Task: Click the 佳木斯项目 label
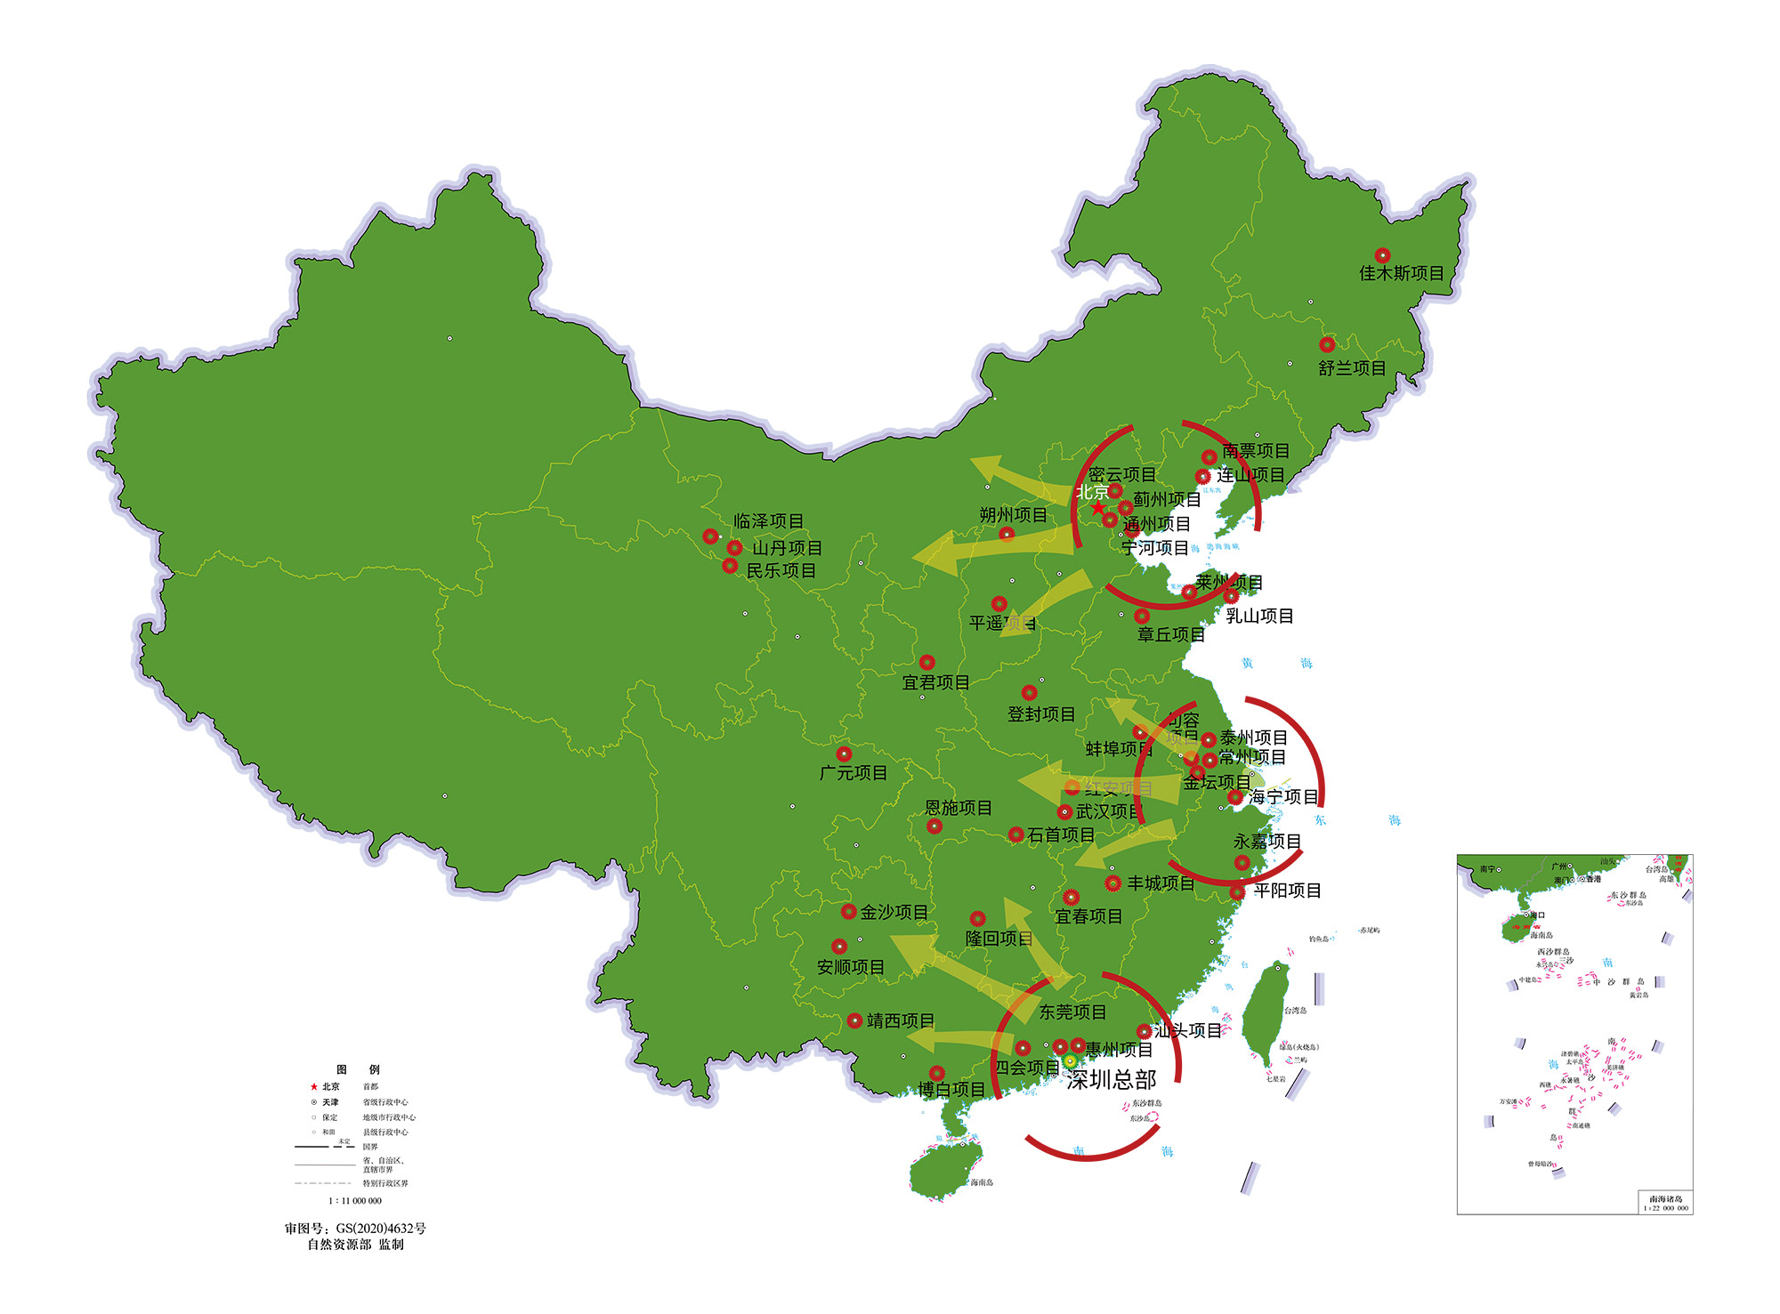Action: tap(1401, 273)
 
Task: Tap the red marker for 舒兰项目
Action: tap(1327, 344)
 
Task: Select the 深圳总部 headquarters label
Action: tap(1112, 1080)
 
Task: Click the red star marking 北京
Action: tap(1098, 507)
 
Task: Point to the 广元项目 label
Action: tap(854, 773)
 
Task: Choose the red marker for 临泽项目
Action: tap(710, 536)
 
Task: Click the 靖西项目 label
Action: tap(901, 1020)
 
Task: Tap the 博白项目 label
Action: tap(951, 1089)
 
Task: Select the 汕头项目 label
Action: tap(1188, 1031)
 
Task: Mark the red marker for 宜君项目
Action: tap(927, 663)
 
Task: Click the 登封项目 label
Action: tap(1041, 714)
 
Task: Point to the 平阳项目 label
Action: tap(1287, 891)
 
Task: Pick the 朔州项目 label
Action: tap(1013, 515)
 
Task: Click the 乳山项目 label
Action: tap(1259, 616)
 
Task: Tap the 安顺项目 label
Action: tap(851, 967)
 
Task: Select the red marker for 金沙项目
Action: tap(849, 912)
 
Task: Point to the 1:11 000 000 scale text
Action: tap(355, 1201)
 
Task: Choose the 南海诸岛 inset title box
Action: tap(1665, 1203)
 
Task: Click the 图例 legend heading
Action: tap(358, 1069)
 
